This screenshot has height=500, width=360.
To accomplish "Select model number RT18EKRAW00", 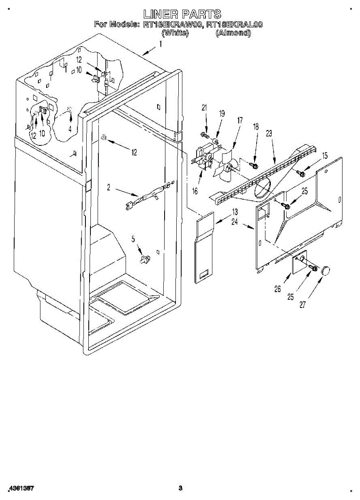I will [x=172, y=25].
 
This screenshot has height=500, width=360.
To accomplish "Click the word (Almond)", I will [x=233, y=33].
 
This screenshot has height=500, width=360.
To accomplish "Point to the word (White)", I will [x=175, y=33].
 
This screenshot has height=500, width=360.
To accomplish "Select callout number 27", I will [x=302, y=305].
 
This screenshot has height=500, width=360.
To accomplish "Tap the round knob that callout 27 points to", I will [x=325, y=270].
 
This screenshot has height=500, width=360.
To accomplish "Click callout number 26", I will [x=277, y=289].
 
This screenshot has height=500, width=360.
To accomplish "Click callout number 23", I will [x=269, y=134].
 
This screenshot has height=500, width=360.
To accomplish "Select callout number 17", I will [x=240, y=120].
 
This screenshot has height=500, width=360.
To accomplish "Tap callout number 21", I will [x=204, y=108].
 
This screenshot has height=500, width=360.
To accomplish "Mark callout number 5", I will [x=134, y=239].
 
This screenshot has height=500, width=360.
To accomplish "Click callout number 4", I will [x=70, y=129].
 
